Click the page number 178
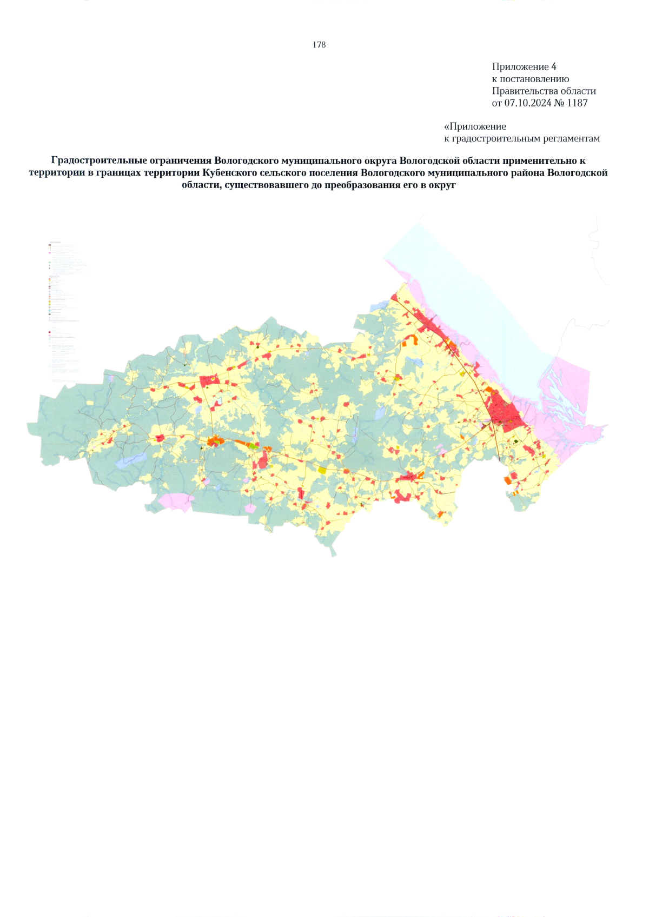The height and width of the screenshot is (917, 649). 319,45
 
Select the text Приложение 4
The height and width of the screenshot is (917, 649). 524,66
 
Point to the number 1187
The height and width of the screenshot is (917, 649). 577,103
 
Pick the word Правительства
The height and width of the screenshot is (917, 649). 520,91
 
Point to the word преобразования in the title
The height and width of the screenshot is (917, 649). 361,185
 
